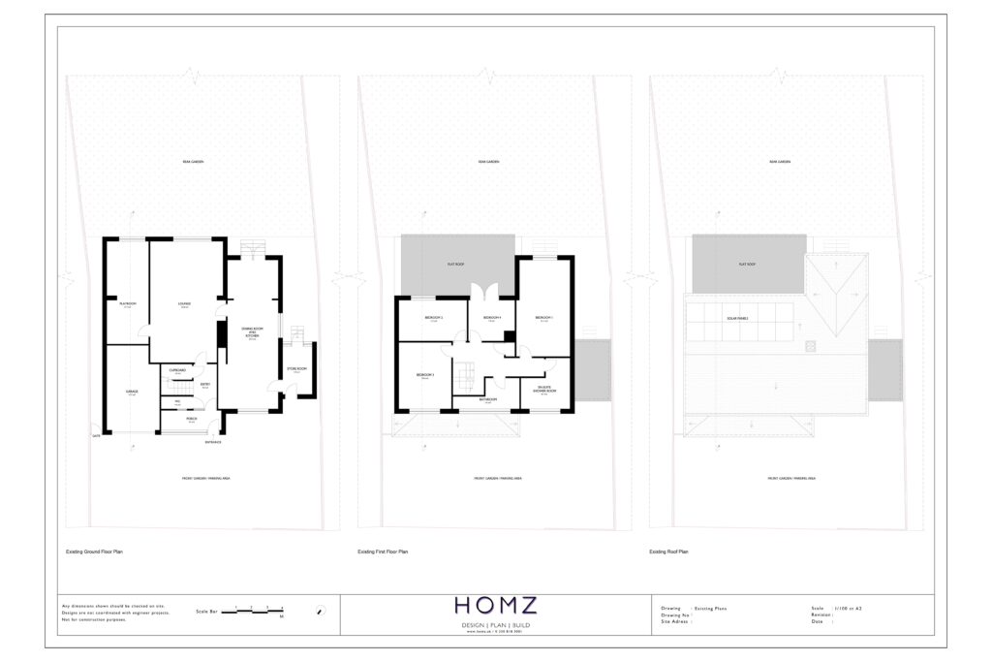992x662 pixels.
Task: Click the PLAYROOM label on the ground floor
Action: (127, 304)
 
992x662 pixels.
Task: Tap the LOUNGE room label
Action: (184, 304)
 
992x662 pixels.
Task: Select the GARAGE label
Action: (132, 392)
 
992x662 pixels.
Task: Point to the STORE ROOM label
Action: (296, 368)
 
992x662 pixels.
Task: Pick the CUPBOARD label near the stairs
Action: (177, 370)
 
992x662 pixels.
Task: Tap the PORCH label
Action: (192, 419)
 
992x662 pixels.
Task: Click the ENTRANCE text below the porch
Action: (213, 443)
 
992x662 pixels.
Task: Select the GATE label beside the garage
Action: (96, 436)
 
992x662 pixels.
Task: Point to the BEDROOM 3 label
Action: (425, 375)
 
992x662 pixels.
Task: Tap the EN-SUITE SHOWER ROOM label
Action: (543, 390)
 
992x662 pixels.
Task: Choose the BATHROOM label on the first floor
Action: (488, 399)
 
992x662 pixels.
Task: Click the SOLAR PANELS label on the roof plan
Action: (740, 317)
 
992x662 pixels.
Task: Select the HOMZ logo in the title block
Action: (495, 607)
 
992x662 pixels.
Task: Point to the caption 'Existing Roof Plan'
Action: (669, 552)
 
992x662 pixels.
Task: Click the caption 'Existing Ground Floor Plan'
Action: (94, 552)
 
